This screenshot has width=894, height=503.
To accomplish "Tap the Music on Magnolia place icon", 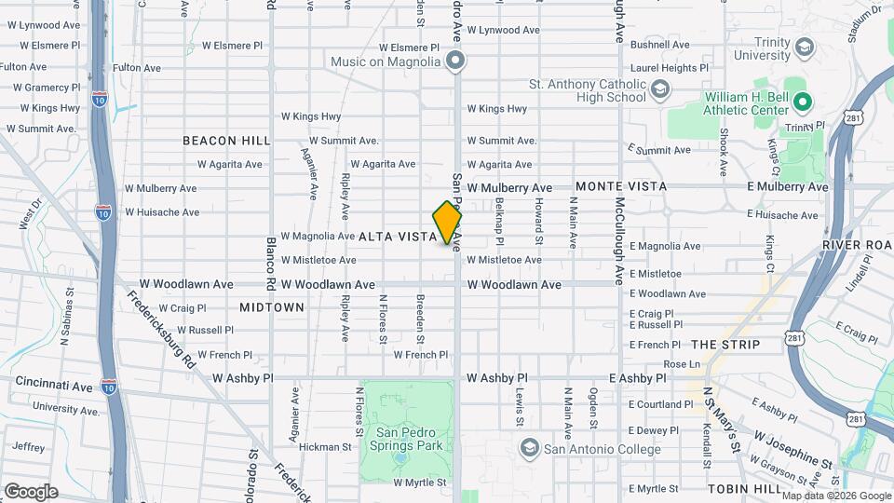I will (455, 61).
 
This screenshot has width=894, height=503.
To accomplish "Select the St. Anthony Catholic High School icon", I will (660, 89).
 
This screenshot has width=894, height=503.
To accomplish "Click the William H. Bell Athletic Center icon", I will (802, 102).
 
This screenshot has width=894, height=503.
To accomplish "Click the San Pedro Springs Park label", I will (410, 440).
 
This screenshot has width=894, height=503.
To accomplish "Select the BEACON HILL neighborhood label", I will (226, 141).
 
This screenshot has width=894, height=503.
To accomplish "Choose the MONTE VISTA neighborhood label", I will (621, 186).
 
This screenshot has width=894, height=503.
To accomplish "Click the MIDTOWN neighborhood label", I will (272, 306).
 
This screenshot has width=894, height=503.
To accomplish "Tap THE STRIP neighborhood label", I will (726, 345).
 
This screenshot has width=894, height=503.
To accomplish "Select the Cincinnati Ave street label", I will (54, 384).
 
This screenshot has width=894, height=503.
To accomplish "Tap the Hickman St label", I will (325, 447).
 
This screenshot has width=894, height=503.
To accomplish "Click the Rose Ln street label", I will (681, 364).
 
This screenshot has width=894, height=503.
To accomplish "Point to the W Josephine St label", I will (792, 449).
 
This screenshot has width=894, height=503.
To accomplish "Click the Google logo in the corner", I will (31, 492).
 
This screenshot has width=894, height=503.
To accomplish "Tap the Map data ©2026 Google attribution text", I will (837, 496).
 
